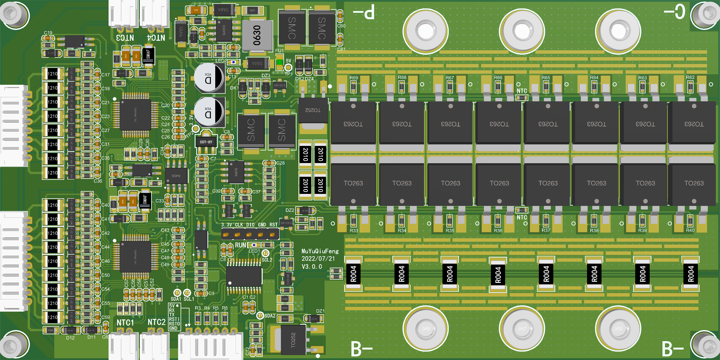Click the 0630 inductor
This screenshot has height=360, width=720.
point(257,35)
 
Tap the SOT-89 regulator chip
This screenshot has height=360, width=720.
point(206,142)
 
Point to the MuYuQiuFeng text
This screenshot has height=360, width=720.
point(320,251)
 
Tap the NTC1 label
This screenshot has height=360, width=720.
point(125,323)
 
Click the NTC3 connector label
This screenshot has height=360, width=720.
point(125,38)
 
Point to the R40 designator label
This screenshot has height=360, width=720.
point(690,230)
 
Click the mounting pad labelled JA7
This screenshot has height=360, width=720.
point(522,328)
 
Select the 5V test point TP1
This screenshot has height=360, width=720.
point(288,67)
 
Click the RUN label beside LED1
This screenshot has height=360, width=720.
point(240,245)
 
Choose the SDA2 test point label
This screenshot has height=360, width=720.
point(270,316)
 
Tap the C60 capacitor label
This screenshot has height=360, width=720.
point(341,26)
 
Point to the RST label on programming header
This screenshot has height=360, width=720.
point(273,225)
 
